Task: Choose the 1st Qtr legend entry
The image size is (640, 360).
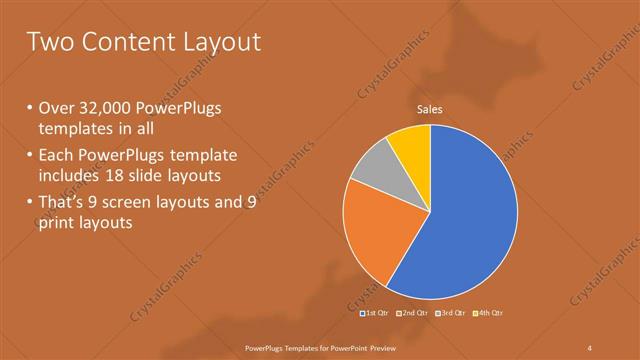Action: click(375, 313)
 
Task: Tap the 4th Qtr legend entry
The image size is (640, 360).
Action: click(488, 313)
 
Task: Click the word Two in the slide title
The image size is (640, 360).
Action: click(50, 42)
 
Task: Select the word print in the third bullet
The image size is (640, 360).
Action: click(57, 223)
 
